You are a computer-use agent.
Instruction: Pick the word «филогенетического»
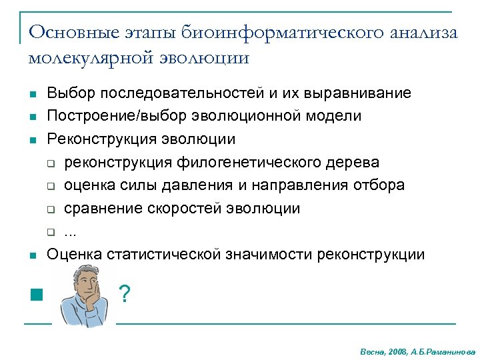pyautogui.click(x=253, y=162)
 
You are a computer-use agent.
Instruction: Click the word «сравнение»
pyautogui.click(x=97, y=209)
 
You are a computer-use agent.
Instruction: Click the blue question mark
pyautogui.click(x=123, y=293)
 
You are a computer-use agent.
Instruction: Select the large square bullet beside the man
pyautogui.click(x=36, y=294)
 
